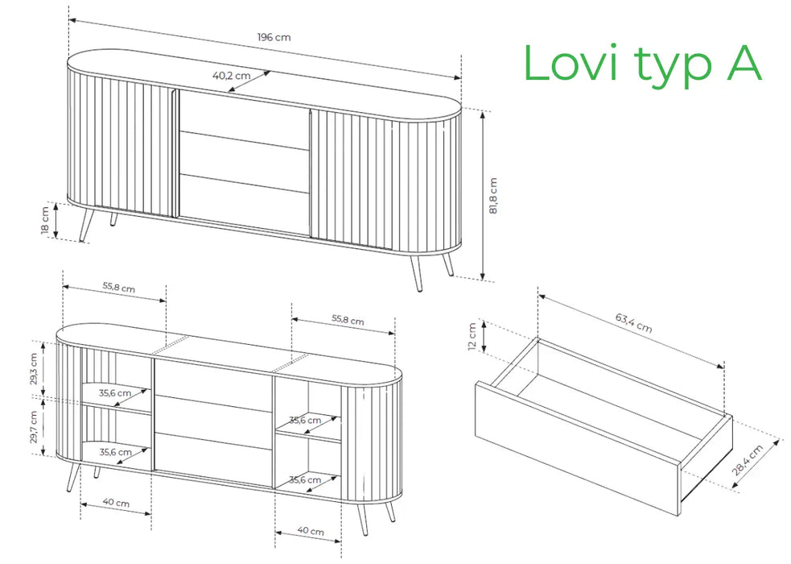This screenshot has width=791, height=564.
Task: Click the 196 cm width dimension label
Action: tap(274, 37)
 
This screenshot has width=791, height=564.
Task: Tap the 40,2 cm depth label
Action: tap(232, 76)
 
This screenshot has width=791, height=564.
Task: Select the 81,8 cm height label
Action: tap(493, 196)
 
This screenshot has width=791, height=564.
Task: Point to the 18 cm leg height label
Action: tap(45, 220)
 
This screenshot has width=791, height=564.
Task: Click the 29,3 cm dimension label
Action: tap(33, 368)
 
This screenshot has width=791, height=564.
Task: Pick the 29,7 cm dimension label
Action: tap(33, 427)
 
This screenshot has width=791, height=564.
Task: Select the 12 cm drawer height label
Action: tap(472, 337)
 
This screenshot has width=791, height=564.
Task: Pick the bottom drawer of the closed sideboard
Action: tap(244, 205)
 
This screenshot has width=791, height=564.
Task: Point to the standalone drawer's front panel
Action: tap(578, 448)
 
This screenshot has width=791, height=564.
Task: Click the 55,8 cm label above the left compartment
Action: tap(119, 288)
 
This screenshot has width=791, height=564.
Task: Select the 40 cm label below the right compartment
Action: tap(311, 531)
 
